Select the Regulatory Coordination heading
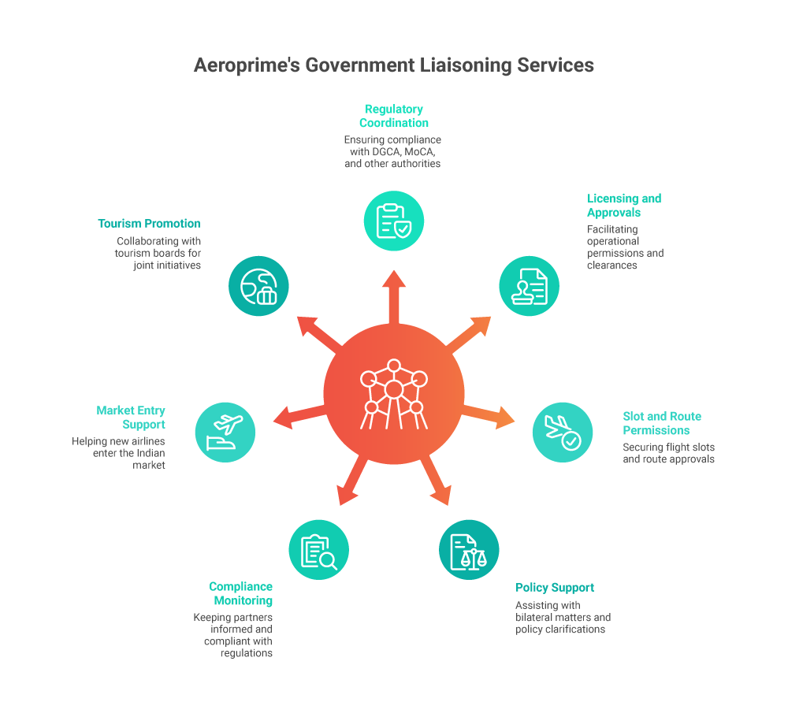pyautogui.click(x=394, y=116)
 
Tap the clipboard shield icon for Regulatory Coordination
pyautogui.click(x=394, y=221)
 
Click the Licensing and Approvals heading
pyautogui.click(x=624, y=206)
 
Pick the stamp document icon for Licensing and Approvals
pyautogui.click(x=530, y=286)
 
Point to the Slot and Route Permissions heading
pyautogui.click(x=662, y=423)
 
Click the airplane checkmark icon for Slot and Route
pyautogui.click(x=563, y=432)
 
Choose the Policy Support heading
pyautogui.click(x=555, y=588)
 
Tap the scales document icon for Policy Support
pyautogui.click(x=469, y=549)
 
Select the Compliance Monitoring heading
pyautogui.click(x=240, y=593)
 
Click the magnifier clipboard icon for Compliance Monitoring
pyautogui.click(x=319, y=549)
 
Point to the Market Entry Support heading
pyautogui.click(x=131, y=418)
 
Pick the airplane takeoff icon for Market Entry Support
pyautogui.click(x=225, y=432)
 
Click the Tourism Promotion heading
pyautogui.click(x=149, y=224)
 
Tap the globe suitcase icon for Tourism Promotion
pyautogui.click(x=258, y=286)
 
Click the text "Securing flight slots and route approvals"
pyautogui.click(x=668, y=453)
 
